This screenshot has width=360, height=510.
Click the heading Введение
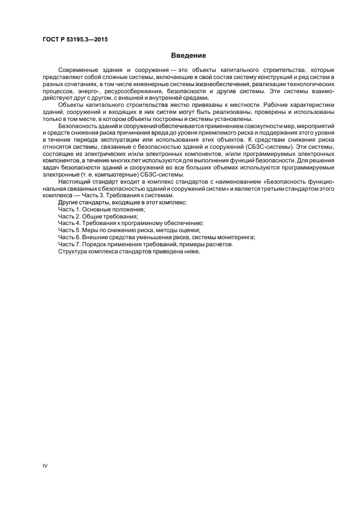coord(188,56)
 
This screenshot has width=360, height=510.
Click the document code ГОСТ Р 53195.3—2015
coord(74,39)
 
